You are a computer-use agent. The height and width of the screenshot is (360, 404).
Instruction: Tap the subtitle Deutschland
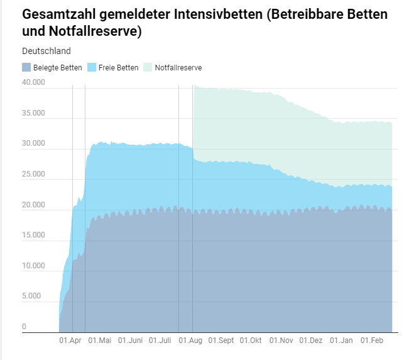(x=46, y=51)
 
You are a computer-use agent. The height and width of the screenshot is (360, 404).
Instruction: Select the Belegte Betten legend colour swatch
(x=26, y=67)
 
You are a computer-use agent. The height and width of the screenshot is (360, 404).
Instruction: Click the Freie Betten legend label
(x=118, y=68)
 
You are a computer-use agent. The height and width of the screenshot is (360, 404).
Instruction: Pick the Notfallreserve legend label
(x=178, y=68)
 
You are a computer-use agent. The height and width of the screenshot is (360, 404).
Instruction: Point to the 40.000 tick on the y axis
(x=33, y=83)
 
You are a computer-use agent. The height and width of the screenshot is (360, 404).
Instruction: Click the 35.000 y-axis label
(x=33, y=114)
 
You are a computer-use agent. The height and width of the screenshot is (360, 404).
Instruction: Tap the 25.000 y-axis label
(x=33, y=174)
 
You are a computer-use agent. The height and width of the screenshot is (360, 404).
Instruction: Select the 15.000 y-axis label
(x=33, y=235)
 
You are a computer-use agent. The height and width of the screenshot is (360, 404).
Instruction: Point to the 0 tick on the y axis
(x=25, y=327)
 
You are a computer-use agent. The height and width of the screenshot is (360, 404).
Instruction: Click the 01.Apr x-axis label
(x=70, y=341)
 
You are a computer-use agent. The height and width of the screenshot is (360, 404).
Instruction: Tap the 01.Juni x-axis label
(x=130, y=341)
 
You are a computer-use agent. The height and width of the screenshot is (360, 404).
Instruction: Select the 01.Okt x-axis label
(x=251, y=341)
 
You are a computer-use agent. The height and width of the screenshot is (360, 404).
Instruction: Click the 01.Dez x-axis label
(x=311, y=341)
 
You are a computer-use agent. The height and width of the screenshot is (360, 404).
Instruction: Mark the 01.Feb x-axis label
(x=371, y=341)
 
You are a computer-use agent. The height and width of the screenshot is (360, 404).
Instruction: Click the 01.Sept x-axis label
(x=221, y=341)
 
